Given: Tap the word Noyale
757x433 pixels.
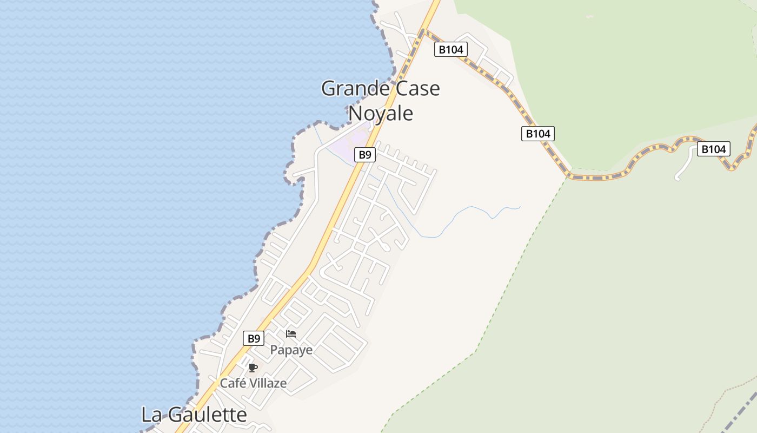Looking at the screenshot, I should (x=381, y=113).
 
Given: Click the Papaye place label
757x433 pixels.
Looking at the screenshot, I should (x=291, y=350).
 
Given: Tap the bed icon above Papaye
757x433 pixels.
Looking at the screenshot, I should (x=291, y=333).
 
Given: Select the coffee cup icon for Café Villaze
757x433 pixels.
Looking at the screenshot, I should (x=253, y=368).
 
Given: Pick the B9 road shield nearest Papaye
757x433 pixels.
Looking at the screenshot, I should (x=253, y=339).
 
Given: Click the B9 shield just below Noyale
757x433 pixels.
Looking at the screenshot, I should (x=365, y=155).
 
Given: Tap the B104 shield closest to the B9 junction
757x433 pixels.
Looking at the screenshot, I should (x=451, y=50).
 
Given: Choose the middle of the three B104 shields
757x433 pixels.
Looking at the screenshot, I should (x=538, y=133).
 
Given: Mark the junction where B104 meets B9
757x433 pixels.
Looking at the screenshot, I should (x=423, y=31).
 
